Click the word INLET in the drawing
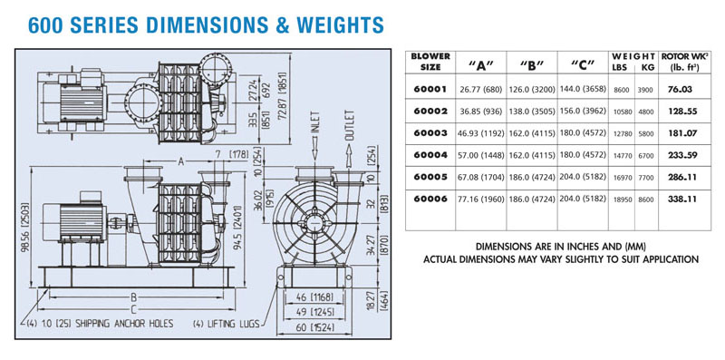(316, 124)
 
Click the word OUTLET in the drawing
(350, 125)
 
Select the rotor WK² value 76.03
(680, 89)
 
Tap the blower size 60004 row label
(430, 155)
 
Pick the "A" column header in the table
(481, 65)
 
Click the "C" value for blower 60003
(583, 133)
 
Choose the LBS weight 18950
(621, 199)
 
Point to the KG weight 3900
(645, 90)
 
